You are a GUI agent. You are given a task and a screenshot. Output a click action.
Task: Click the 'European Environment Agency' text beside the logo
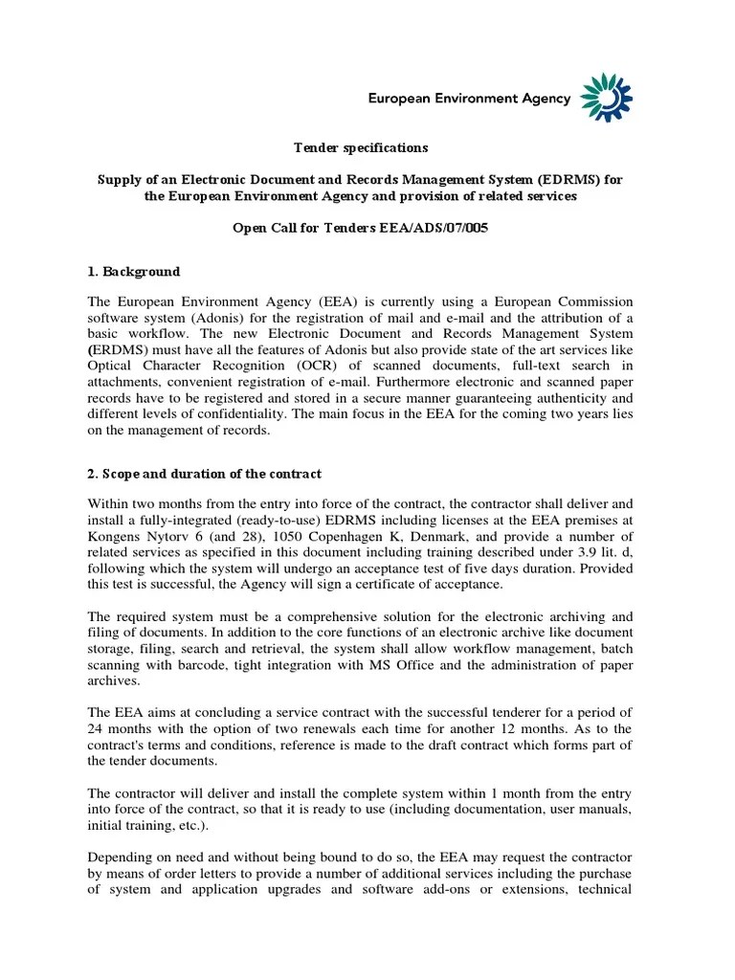pyautogui.click(x=470, y=98)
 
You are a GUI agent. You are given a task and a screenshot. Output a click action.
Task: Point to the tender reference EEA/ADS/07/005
pyautogui.click(x=434, y=230)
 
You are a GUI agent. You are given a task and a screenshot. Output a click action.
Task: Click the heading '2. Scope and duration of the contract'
pyautogui.click(x=205, y=474)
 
